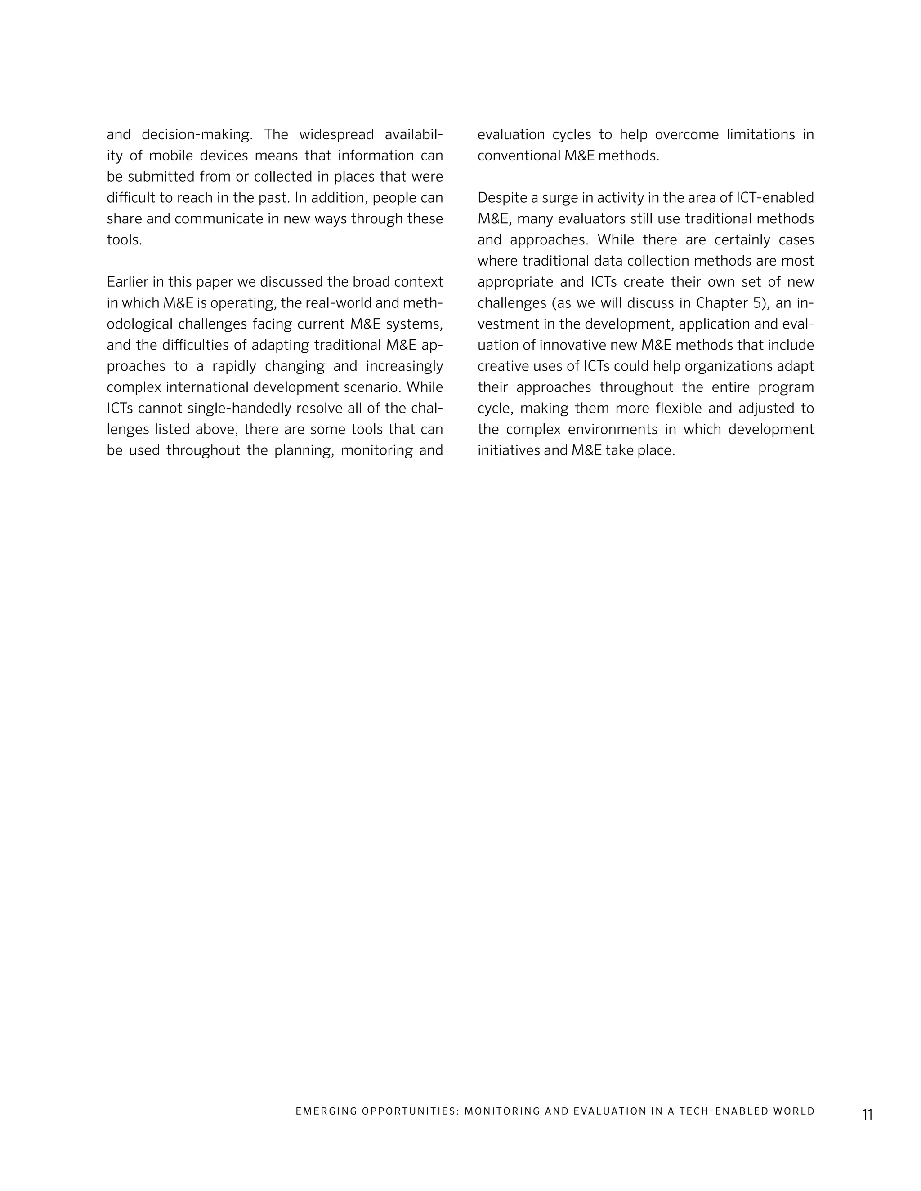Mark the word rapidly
point(233,366)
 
